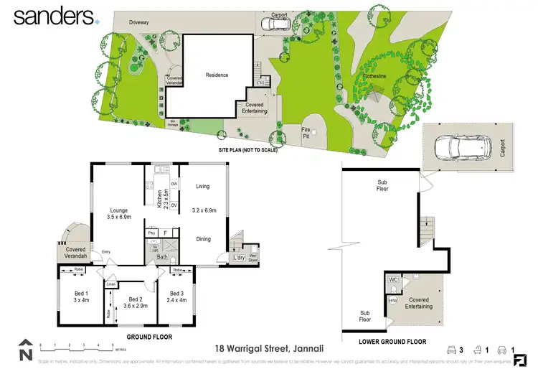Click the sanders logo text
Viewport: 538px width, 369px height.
(x=54, y=15)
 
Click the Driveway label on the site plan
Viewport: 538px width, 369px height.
(x=138, y=22)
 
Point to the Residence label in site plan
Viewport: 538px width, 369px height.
(x=217, y=75)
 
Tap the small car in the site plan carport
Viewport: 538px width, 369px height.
(x=275, y=24)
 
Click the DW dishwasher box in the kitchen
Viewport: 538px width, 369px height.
(x=174, y=185)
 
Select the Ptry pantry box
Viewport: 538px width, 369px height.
(x=151, y=233)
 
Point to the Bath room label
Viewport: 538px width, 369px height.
(x=164, y=257)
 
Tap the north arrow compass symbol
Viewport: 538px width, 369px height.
(x=26, y=350)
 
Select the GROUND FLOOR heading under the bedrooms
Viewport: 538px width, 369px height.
(x=147, y=336)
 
